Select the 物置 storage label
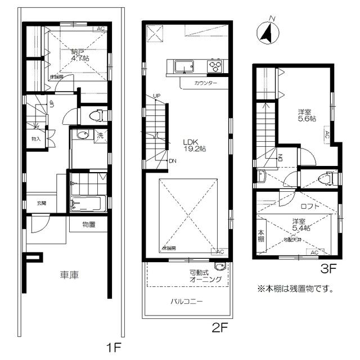(88, 224)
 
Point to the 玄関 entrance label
(42, 203)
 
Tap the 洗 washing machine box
(100, 135)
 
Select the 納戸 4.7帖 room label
(78, 54)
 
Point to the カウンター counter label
(205, 83)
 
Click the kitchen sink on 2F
(184, 67)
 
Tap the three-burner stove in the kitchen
(216, 67)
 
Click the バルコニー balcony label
(187, 301)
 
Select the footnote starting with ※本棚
(295, 290)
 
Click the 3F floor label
(328, 268)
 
